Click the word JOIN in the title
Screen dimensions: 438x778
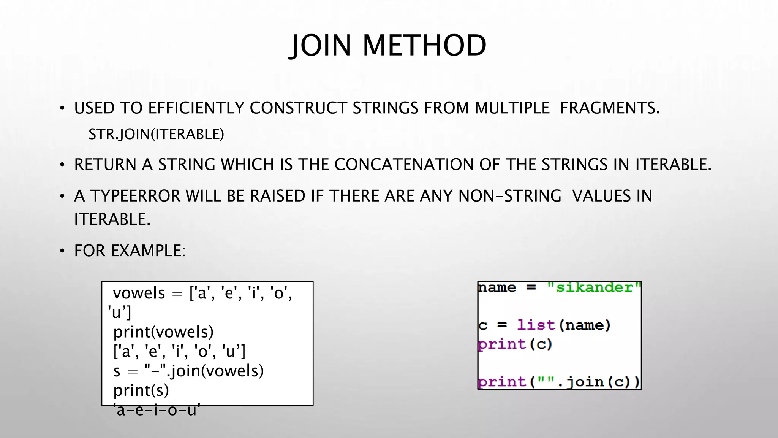[x=321, y=46]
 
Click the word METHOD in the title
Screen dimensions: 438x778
[x=424, y=46]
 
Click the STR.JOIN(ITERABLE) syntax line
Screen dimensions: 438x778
[x=156, y=134]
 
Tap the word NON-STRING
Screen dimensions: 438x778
[x=509, y=196]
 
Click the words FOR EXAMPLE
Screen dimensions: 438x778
[x=129, y=251]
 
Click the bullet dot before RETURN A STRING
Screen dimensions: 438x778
[x=62, y=165]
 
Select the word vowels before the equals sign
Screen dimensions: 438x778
[x=139, y=293]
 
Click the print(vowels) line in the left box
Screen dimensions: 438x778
[x=163, y=332]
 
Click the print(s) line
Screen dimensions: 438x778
[x=141, y=390]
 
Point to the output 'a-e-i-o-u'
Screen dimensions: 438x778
[x=157, y=410]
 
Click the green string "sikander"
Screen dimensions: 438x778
[x=594, y=287]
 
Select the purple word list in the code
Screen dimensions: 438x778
[x=536, y=325]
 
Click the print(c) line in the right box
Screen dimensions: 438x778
[x=515, y=344]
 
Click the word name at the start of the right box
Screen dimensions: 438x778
[x=497, y=287]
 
